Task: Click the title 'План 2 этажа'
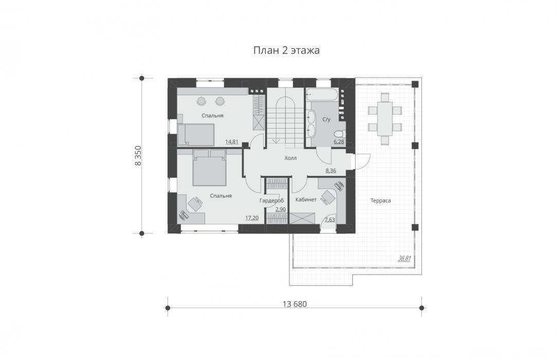coord(286,50)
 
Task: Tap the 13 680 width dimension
coord(294,304)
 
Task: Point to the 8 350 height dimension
coord(138,155)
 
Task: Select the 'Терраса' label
coord(380,201)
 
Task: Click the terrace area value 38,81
coord(404,258)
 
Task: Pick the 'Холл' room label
coord(290,158)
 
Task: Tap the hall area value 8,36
coord(331,171)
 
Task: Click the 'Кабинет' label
coord(306,200)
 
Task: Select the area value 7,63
coord(330,220)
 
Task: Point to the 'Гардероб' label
coord(271,201)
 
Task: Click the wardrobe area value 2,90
coord(281,209)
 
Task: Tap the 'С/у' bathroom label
coord(326,119)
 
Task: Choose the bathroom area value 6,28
coord(339,141)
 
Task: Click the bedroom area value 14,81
coord(232,141)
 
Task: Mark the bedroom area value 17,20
coord(252,218)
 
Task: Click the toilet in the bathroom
coord(340,134)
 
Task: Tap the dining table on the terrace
coord(385,119)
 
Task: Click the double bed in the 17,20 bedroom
coord(209,167)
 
